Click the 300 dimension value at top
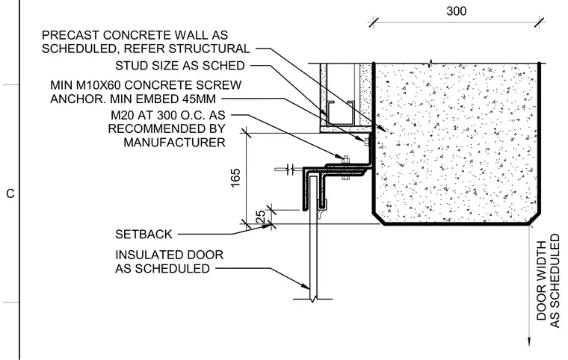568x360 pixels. [456, 11]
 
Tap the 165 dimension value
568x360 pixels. [235, 178]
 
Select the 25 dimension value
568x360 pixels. [260, 217]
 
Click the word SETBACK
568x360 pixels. [143, 235]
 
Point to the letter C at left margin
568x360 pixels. [10, 193]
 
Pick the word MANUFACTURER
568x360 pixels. [174, 143]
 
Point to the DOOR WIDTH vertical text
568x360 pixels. [541, 281]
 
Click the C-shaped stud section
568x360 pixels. [341, 112]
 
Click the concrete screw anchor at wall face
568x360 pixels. [367, 140]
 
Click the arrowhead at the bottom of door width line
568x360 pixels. [529, 341]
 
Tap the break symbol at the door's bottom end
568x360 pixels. [312, 300]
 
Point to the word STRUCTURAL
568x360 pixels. [209, 49]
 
